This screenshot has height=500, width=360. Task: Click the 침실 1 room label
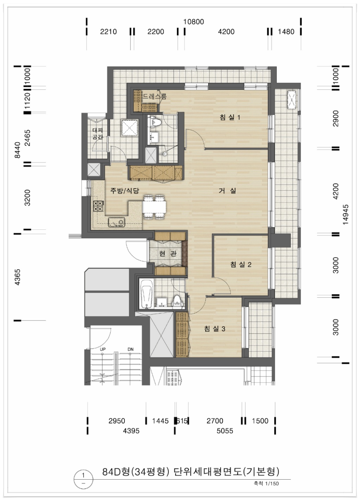click(x=230, y=118)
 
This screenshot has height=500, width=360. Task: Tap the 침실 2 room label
click(x=241, y=265)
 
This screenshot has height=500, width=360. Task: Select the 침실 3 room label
click(x=214, y=329)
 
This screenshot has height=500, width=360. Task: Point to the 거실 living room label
click(x=227, y=191)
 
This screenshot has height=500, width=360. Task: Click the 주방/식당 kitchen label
click(x=125, y=191)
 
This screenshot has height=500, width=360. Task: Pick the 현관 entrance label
click(x=168, y=253)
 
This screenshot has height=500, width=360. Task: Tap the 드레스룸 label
click(x=154, y=96)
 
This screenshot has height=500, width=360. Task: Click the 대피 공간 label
click(x=97, y=133)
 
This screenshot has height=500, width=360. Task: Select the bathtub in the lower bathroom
click(x=146, y=294)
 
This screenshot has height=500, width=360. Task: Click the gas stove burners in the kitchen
click(x=98, y=206)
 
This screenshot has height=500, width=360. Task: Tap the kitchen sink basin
click(x=116, y=222)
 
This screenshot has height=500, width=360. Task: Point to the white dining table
click(x=154, y=207)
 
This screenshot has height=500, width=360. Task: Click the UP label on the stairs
click(x=103, y=349)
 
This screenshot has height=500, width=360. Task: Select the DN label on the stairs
click(x=130, y=349)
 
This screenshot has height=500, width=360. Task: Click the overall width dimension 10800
click(x=194, y=22)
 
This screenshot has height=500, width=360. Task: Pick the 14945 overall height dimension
click(x=345, y=215)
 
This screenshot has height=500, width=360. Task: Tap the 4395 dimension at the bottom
click(x=131, y=431)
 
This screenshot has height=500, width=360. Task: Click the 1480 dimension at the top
click(x=286, y=32)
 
